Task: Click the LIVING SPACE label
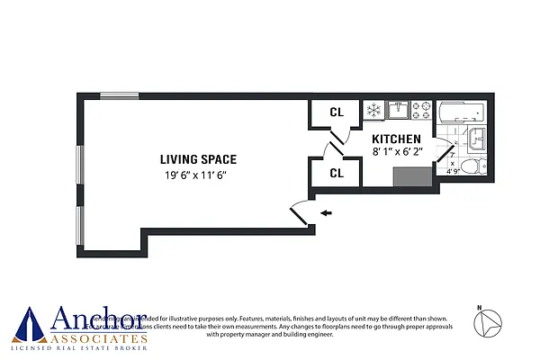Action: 186,158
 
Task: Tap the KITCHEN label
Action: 397,139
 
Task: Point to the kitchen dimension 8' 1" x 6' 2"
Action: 397,153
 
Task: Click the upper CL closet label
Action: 336,112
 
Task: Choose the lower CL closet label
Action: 336,172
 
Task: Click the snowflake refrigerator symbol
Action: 373,111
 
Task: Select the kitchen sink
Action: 398,110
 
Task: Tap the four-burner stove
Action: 421,110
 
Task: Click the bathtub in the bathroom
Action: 461,112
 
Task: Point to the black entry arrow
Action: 326,213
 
